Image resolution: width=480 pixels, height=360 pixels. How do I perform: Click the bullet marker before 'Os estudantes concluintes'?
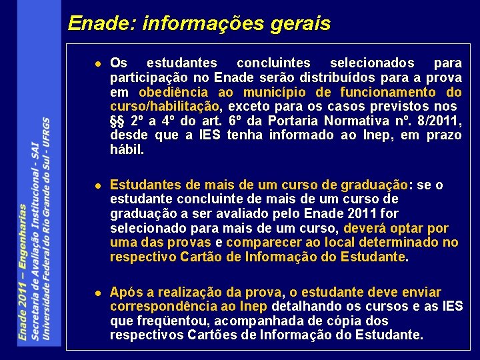point(97,63)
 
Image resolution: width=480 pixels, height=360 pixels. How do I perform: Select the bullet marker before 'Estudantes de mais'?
point(97,185)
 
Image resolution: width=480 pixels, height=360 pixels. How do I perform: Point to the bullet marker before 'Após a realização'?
point(97,293)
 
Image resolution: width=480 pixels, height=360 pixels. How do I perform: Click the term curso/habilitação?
point(165,107)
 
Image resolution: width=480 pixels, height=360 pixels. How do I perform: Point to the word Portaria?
point(289,121)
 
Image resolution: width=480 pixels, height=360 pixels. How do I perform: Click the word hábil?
point(127,150)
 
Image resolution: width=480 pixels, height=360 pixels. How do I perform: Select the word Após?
point(124,292)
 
